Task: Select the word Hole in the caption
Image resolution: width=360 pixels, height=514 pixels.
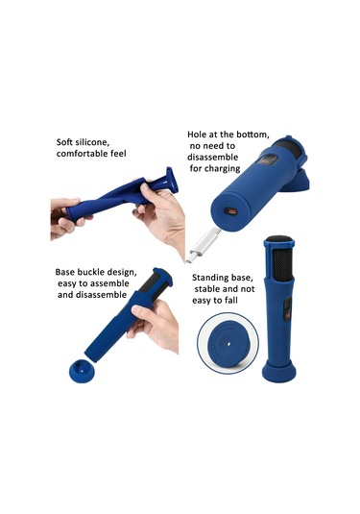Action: point(196,135)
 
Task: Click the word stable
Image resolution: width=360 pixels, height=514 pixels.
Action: point(206,289)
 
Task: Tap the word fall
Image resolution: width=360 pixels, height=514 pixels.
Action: point(231,301)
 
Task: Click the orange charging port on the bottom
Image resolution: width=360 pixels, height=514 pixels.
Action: point(231,211)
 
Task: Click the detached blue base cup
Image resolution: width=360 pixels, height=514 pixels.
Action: point(82,371)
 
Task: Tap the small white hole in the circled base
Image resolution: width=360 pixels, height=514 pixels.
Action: point(228,344)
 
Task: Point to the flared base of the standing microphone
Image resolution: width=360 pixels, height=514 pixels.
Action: point(279,372)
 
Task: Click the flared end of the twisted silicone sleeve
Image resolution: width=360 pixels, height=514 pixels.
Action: point(172,181)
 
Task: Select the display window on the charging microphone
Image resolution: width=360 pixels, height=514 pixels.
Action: point(268,161)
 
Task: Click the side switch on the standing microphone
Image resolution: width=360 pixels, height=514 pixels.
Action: point(286,309)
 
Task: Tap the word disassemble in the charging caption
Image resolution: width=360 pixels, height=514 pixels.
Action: point(212,158)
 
